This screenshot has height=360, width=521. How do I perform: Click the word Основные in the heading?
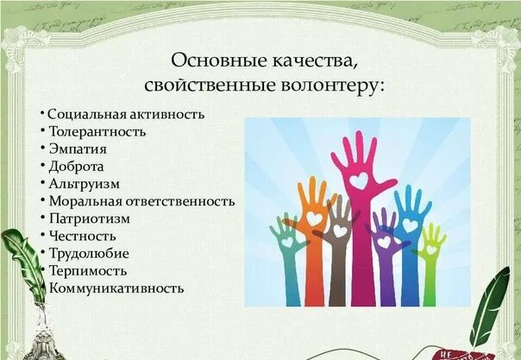208,62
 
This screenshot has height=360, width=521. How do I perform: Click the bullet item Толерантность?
97,132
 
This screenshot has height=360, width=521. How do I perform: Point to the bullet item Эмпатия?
78,149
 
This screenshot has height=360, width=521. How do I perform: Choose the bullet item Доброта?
76,167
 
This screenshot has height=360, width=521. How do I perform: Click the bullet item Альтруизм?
84,184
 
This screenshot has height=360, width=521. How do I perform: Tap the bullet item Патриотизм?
89,218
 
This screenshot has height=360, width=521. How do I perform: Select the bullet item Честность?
82,236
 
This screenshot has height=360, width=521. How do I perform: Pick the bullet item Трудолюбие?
89,253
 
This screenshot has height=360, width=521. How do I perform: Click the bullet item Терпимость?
87,270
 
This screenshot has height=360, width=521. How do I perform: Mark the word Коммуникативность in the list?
116,287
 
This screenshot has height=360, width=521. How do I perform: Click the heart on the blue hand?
409,226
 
